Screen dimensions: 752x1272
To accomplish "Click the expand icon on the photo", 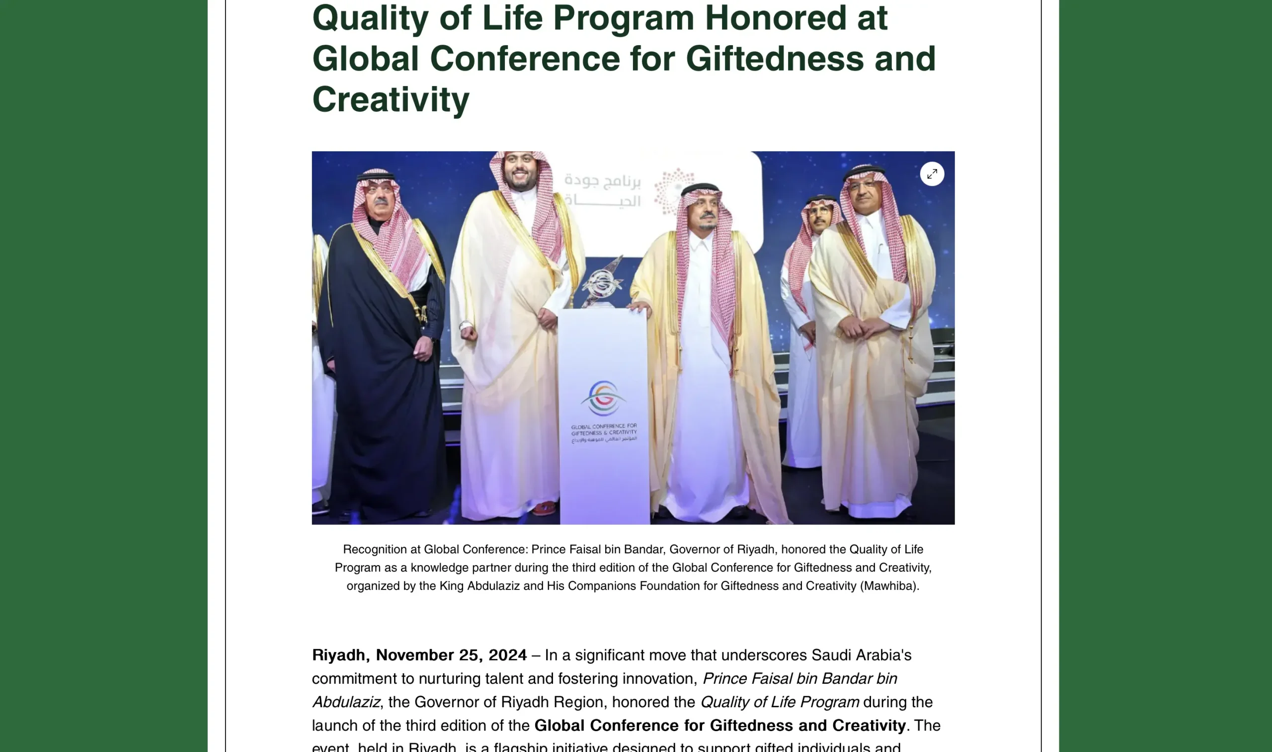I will tap(932, 174).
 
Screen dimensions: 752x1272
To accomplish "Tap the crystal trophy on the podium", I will tap(603, 283).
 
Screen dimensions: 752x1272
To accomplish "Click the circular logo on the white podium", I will tap(603, 398).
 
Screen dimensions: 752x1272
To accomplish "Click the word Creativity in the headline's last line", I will tap(391, 99).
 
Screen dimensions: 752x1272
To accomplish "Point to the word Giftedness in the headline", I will tap(775, 59).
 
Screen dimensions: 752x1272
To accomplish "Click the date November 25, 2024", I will tap(451, 655).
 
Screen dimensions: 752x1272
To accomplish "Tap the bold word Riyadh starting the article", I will tap(338, 655).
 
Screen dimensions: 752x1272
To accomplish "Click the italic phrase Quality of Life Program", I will tap(779, 702).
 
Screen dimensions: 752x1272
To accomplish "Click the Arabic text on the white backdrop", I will tap(602, 190).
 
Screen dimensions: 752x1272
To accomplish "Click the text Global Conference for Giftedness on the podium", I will tap(603, 430).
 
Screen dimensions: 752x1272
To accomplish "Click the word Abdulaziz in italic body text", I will tap(345, 702).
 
